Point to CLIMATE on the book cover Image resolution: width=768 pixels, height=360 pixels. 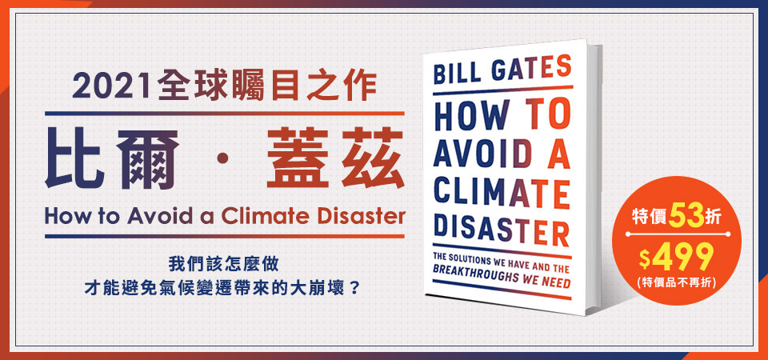502,192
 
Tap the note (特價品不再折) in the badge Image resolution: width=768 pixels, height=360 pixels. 677,282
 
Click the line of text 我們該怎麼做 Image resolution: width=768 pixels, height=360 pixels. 223,264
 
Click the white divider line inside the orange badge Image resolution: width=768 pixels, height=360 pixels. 677,235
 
